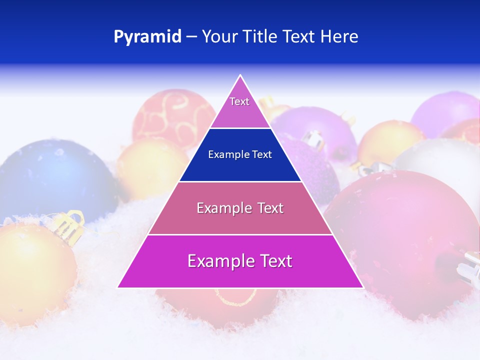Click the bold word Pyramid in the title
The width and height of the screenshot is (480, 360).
pos(147,37)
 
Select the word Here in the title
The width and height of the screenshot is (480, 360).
pos(339,36)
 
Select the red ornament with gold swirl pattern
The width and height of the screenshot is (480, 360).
pos(170,117)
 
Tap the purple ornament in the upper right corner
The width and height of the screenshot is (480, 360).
pos(445,112)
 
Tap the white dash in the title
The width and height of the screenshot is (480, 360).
pos(191,37)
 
